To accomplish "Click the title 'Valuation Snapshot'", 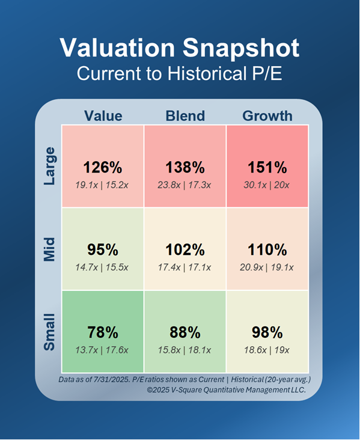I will pyautogui.click(x=180, y=48).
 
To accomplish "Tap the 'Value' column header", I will pyautogui.click(x=103, y=115).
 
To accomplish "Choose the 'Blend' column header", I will pyautogui.click(x=185, y=115).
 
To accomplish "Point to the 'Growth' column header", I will pyautogui.click(x=267, y=115).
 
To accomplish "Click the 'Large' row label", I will pyautogui.click(x=50, y=166).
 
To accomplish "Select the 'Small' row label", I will pyautogui.click(x=50, y=331).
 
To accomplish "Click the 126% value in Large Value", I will pyautogui.click(x=103, y=168).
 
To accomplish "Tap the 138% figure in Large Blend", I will pyautogui.click(x=185, y=168).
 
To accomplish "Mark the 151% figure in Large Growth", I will pyautogui.click(x=267, y=168).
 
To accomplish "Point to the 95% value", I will pyautogui.click(x=103, y=250).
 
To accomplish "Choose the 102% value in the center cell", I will pyautogui.click(x=185, y=250).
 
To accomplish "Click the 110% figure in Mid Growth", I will pyautogui.click(x=267, y=250).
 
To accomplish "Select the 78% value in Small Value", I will pyautogui.click(x=103, y=332).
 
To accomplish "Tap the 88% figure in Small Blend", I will pyautogui.click(x=185, y=332).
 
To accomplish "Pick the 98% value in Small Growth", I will pyautogui.click(x=267, y=332).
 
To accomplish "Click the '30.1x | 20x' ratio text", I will pyautogui.click(x=267, y=185).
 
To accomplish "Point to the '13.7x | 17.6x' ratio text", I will pyautogui.click(x=103, y=349).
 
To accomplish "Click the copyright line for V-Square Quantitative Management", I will pyautogui.click(x=226, y=390).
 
